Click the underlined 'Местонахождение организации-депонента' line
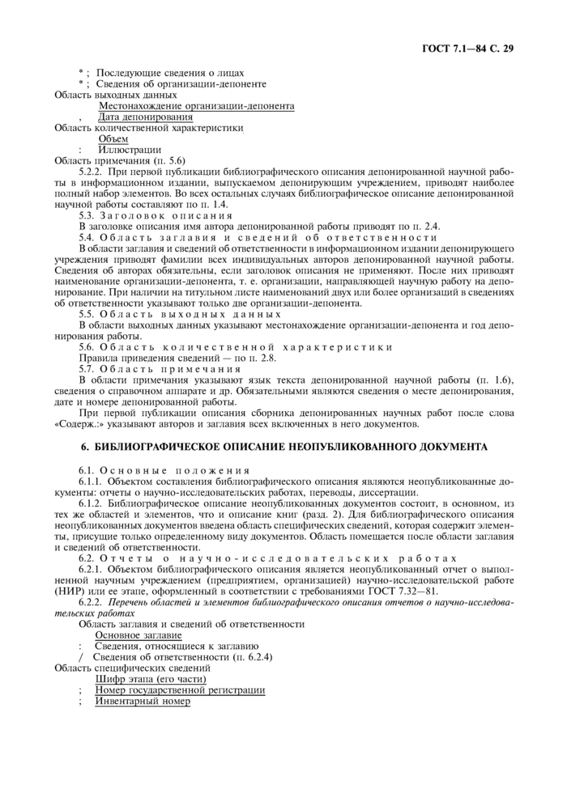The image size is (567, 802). (x=196, y=106)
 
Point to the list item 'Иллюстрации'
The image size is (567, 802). (x=129, y=150)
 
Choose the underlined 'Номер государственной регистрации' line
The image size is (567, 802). (x=180, y=690)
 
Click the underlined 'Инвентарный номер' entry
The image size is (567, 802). (x=143, y=701)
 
